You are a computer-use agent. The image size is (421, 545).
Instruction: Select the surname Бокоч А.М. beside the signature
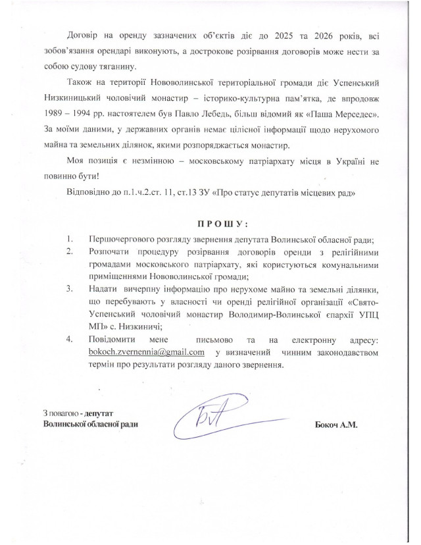coord(336,425)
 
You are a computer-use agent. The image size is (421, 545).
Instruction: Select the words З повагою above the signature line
coord(59,413)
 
